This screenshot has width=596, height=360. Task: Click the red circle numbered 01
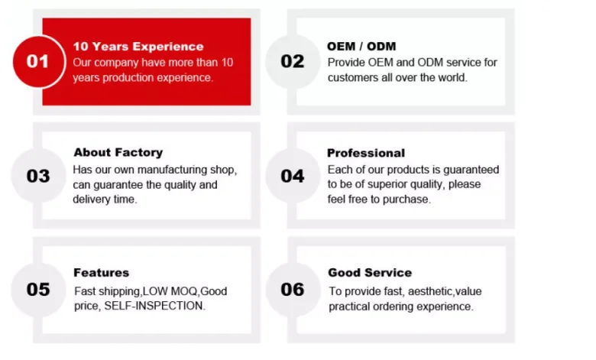38,61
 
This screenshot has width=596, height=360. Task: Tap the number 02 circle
292,61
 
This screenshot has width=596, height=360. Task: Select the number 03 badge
38,176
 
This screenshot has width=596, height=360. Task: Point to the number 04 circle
292,176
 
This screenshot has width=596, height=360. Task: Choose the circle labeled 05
38,290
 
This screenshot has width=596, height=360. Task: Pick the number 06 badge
292,290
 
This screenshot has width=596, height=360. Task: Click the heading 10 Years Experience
138,47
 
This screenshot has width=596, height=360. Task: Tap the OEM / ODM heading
361,47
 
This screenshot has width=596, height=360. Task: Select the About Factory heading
118,152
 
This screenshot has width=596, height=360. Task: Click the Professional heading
366,153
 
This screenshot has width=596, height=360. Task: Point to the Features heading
101,272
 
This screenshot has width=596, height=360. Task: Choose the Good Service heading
370,272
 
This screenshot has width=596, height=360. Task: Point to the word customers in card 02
354,77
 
